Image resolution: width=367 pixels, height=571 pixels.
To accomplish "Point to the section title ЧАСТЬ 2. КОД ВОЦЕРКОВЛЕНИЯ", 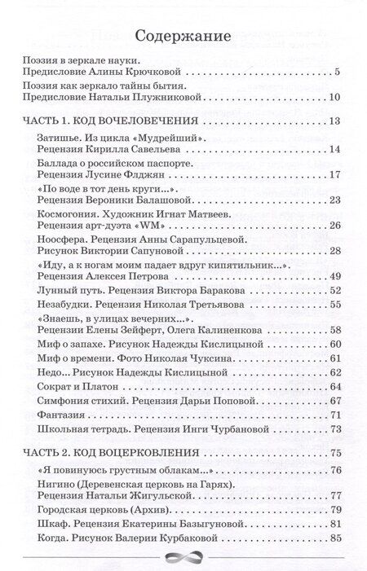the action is pos(105,453).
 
